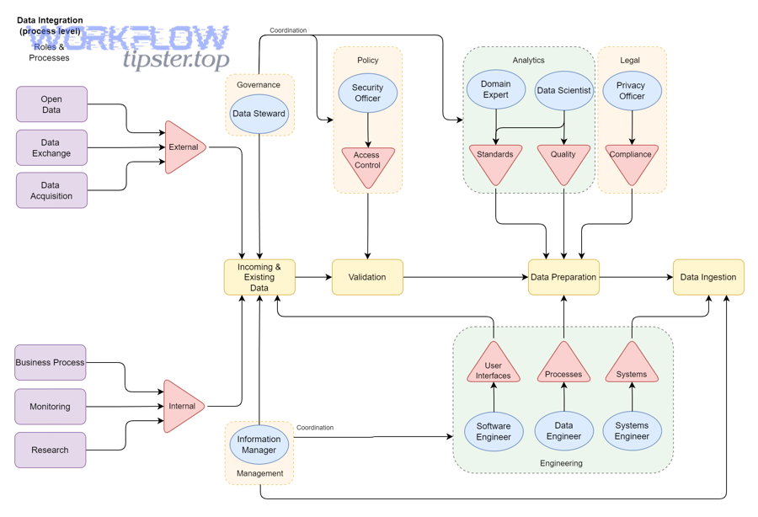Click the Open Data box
tap(51, 104)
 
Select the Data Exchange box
tap(51, 147)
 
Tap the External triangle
tap(182, 147)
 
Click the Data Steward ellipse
tap(259, 114)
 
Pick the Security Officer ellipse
tap(367, 93)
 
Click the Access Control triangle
tap(367, 162)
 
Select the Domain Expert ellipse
tap(495, 89)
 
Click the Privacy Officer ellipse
tap(631, 90)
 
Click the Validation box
tap(367, 277)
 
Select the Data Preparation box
tap(563, 277)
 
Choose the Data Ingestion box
tap(708, 277)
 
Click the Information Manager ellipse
tap(259, 445)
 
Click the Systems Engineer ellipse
tap(632, 431)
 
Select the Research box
tap(51, 450)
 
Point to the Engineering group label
tap(561, 463)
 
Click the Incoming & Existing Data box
tap(259, 277)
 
